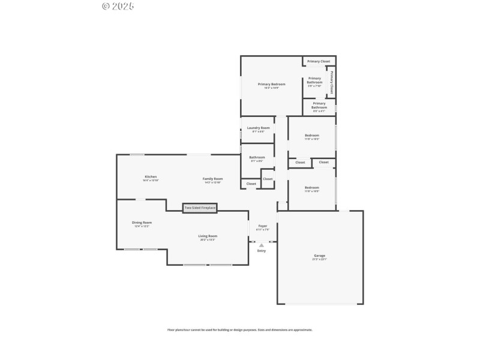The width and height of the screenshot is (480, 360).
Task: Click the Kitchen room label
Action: coord(151,176)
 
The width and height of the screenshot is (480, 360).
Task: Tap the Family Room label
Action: coord(212,178)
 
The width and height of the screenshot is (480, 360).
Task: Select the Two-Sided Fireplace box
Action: coord(200,208)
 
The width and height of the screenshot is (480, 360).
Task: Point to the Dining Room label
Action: coord(142,223)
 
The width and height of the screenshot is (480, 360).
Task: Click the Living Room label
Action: coord(208,236)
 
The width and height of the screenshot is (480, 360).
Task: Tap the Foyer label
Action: coord(263,226)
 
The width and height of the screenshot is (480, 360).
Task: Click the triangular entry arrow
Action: coord(262,245)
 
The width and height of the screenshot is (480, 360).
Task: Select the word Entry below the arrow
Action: coord(262,251)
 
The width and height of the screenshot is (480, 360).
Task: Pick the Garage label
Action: coord(319,256)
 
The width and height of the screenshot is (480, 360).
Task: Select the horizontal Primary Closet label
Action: coord(319,61)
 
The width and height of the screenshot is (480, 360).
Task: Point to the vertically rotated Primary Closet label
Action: coord(331,82)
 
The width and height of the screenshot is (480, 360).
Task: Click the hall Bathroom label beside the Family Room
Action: coord(257,157)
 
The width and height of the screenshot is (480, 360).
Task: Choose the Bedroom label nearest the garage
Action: coord(311,187)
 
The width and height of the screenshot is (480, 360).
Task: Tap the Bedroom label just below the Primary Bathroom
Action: coord(311,135)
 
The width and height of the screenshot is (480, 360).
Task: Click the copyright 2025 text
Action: coord(118,6)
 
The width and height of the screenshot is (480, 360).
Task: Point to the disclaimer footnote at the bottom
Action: coord(239,329)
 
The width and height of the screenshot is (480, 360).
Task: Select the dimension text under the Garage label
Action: coord(319,260)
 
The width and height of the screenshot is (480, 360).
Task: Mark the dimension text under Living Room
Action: coord(208,240)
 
